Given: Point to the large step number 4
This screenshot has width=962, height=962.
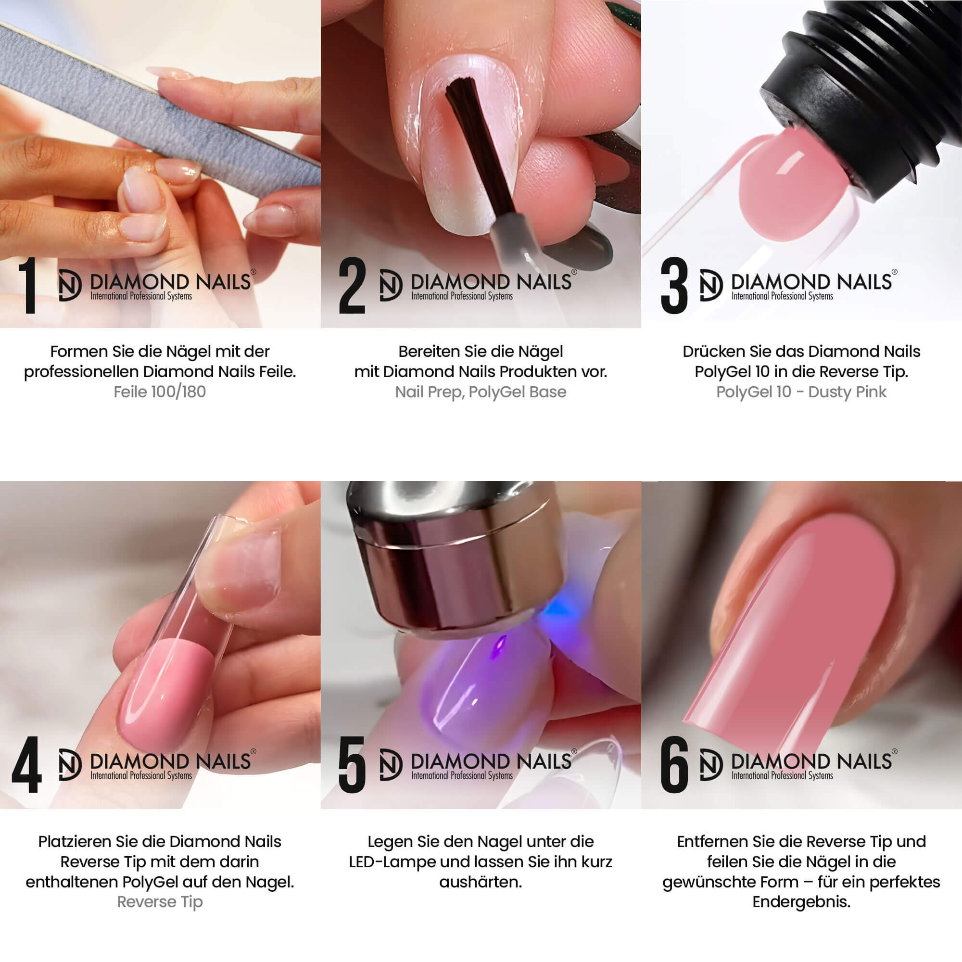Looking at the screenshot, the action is click(x=27, y=765).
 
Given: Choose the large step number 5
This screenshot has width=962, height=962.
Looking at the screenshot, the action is click(x=352, y=765).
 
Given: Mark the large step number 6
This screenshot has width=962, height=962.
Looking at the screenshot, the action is click(x=674, y=765).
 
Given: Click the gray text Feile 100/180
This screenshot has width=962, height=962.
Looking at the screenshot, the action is click(x=160, y=392).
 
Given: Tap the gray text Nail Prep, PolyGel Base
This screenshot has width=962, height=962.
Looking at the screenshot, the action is click(x=481, y=392).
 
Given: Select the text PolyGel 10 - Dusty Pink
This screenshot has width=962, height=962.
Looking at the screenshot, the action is click(x=801, y=392).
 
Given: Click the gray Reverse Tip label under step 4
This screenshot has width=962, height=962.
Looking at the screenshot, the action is click(x=160, y=902).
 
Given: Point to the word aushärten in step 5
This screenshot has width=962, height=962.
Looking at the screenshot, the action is click(x=480, y=882).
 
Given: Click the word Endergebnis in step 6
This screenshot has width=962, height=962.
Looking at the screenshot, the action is click(x=801, y=902).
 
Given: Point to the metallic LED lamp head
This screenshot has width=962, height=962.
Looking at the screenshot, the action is click(x=456, y=557).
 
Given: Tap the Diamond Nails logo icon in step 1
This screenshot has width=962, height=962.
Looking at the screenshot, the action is click(x=70, y=285).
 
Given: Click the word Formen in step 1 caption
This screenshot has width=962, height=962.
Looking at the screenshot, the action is click(x=79, y=352).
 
